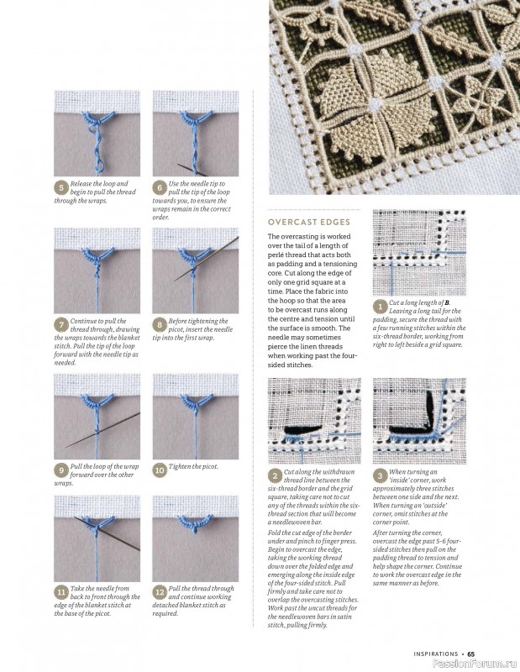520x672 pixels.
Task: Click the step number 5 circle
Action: point(61,187)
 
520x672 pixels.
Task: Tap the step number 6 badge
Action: point(160,187)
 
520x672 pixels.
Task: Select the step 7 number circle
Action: point(61,325)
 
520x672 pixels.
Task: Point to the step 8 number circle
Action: point(160,325)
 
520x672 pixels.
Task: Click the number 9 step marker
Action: point(61,470)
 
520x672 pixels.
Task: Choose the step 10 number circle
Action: point(160,470)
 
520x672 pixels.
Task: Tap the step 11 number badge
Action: point(61,592)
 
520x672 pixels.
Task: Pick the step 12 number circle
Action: point(160,592)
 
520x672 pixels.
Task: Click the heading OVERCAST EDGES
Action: point(309,222)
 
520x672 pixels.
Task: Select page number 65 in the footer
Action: point(471,654)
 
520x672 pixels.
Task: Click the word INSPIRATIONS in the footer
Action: point(436,654)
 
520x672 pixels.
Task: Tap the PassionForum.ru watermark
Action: point(475,664)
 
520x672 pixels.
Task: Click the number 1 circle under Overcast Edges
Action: point(380,307)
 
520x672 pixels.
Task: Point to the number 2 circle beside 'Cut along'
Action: point(275,475)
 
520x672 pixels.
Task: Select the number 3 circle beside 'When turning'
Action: point(380,475)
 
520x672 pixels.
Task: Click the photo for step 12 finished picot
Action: point(196,538)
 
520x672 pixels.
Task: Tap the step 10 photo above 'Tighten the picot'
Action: point(196,417)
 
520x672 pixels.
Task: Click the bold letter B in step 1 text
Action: point(448,302)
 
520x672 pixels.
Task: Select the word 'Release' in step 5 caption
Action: point(81,183)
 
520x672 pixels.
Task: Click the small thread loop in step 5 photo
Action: point(100,165)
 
